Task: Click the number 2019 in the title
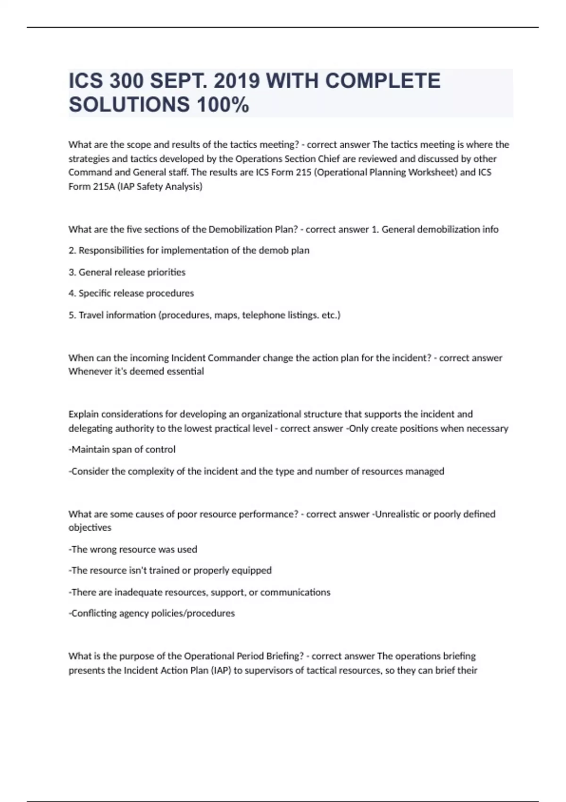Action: (237, 81)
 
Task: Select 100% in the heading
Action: (223, 104)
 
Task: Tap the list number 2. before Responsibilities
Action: (73, 251)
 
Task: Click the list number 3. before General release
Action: (73, 272)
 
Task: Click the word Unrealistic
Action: (397, 514)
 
